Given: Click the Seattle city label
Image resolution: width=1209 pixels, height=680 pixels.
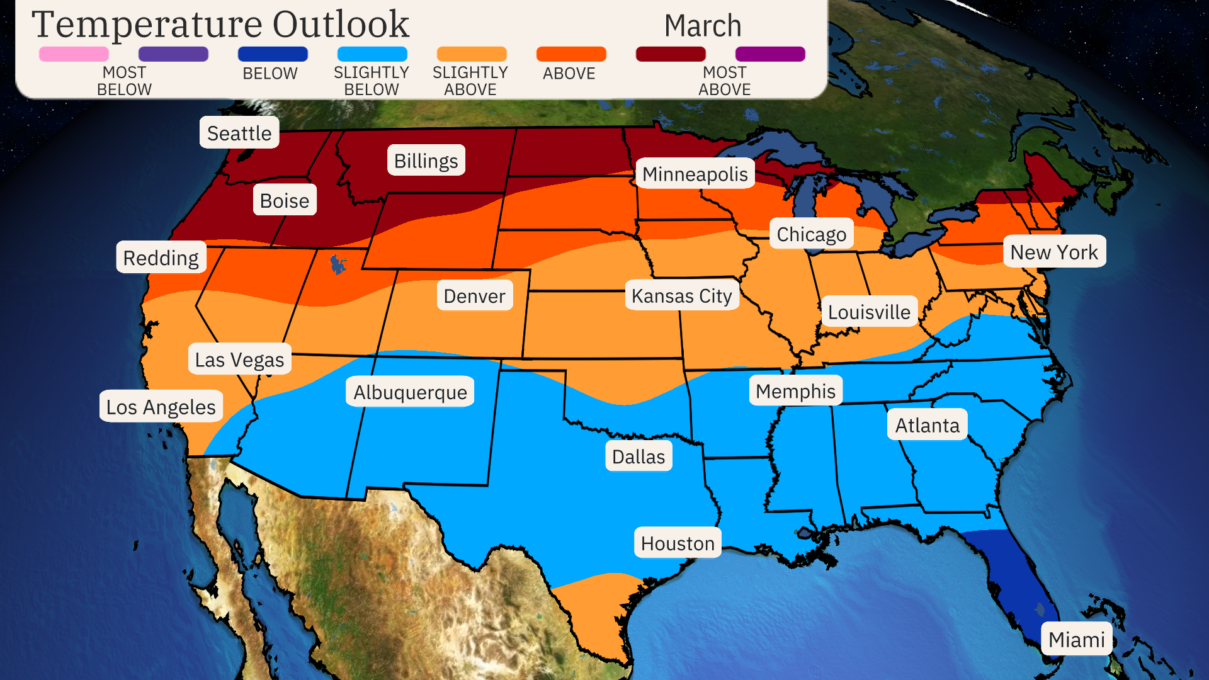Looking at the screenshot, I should coord(239,133).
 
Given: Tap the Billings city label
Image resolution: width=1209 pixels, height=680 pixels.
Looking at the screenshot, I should coord(426,161).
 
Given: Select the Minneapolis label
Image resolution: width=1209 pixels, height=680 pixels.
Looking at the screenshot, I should coord(695,174).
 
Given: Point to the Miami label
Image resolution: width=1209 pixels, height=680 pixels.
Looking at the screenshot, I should coord(1076,639).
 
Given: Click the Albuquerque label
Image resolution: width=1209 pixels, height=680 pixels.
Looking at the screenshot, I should coord(410,392).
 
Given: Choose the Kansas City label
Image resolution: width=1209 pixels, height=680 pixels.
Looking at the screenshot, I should coord(681,295).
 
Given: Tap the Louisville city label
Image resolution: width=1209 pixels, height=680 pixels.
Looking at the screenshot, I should coord(869,312).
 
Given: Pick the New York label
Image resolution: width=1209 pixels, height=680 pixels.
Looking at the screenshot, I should coord(1053,252).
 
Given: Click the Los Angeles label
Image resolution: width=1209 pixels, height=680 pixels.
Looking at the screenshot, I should coord(161,407).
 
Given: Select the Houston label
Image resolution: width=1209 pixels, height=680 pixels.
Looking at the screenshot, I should coord(678,543).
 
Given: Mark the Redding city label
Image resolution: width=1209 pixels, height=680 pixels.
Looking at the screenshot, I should coord(161,258).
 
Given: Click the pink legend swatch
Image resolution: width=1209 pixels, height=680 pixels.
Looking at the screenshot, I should coord(74,54).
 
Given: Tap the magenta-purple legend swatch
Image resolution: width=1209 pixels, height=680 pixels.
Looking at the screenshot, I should coord(769,54).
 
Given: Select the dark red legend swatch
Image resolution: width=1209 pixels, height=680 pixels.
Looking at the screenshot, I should coord(670,54).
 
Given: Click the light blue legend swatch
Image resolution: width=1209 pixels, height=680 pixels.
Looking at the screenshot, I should coord(372,54).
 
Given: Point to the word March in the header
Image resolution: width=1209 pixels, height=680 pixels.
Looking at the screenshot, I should coord(702,26).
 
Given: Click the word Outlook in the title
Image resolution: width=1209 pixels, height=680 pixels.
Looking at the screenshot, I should coord(341,25).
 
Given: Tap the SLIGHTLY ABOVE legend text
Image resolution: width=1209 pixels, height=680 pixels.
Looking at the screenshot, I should coord(470,81).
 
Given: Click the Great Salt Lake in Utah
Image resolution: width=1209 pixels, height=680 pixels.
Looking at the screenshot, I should coord(338,264).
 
